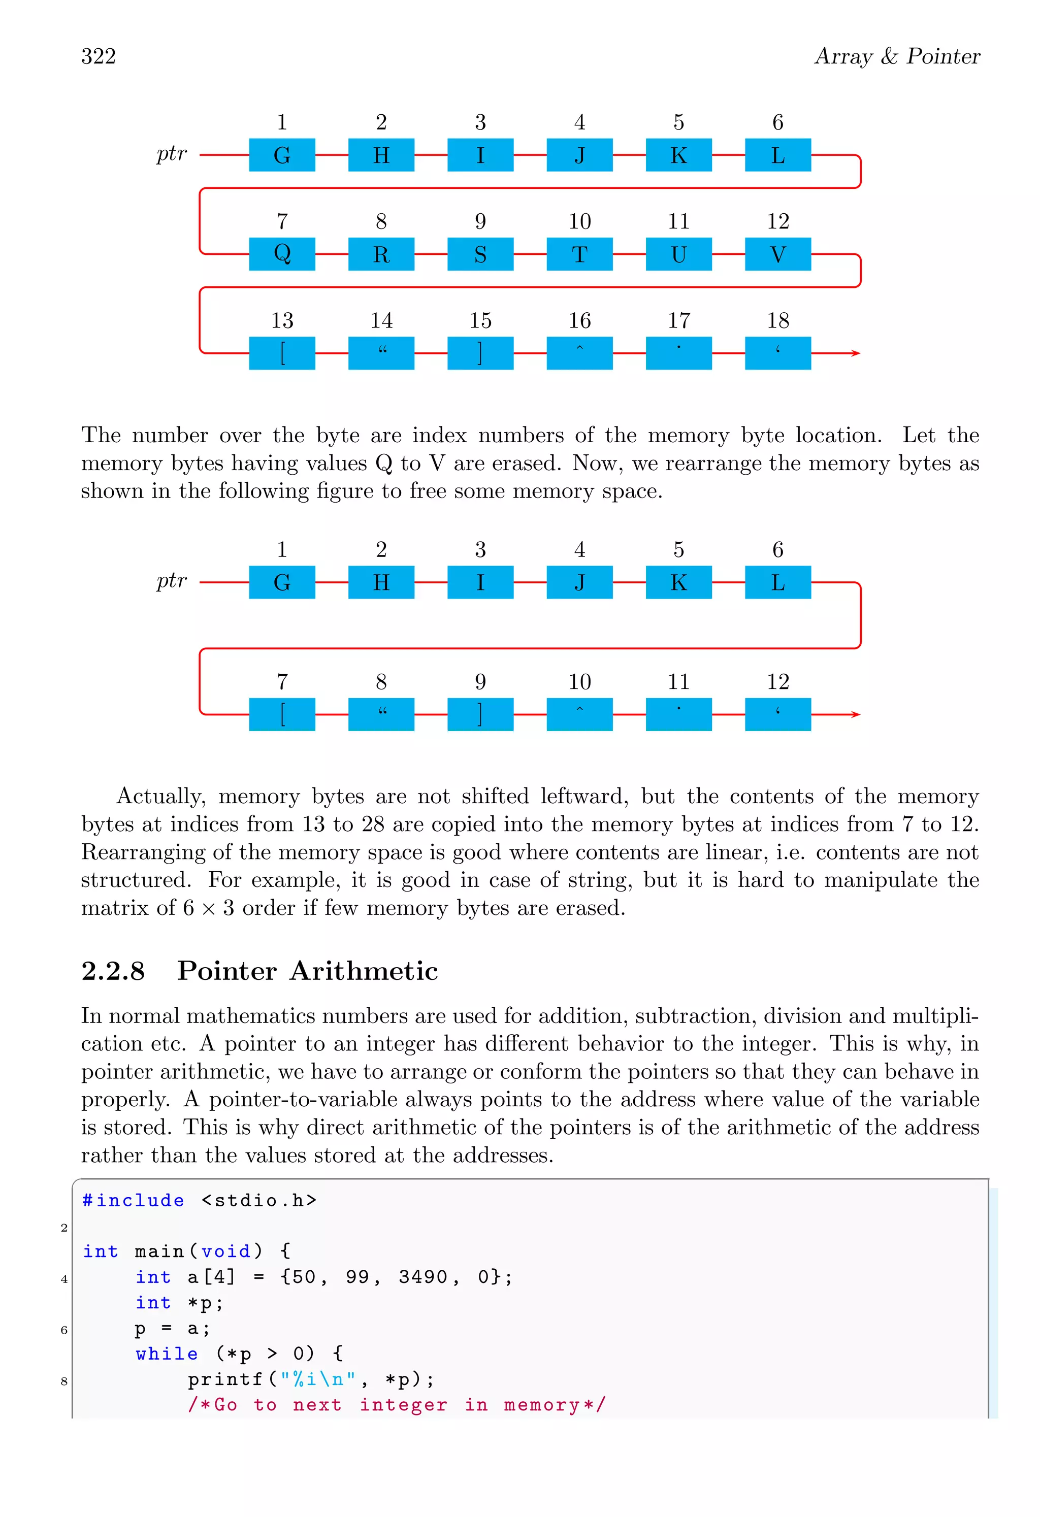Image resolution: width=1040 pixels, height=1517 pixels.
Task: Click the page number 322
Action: click(x=99, y=56)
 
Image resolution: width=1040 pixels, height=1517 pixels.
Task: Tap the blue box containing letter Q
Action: click(x=282, y=254)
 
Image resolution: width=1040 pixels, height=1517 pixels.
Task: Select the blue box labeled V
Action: click(x=777, y=254)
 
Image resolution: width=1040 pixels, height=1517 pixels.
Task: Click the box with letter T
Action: click(x=579, y=254)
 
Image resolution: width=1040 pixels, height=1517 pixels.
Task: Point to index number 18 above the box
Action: click(x=777, y=320)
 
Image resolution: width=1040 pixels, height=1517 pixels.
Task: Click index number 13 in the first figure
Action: click(x=282, y=320)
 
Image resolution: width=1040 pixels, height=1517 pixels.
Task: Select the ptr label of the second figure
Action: click(x=172, y=580)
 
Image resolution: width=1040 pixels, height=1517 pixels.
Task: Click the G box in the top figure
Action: click(x=282, y=155)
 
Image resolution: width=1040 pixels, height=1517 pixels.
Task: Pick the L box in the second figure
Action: click(x=777, y=582)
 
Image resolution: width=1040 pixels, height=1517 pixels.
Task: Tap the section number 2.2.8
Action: click(x=113, y=971)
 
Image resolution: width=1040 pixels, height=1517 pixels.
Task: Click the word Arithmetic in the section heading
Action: click(x=364, y=971)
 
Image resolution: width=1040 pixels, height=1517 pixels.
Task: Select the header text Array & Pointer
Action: click(x=897, y=56)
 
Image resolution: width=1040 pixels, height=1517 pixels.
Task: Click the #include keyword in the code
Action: click(x=133, y=1200)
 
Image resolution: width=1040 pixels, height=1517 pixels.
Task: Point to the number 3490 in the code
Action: click(x=422, y=1277)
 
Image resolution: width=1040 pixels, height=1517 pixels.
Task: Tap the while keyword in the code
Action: click(x=167, y=1354)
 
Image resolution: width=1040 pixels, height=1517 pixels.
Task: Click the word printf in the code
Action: click(x=224, y=1379)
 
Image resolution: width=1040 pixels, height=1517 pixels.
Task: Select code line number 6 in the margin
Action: click(x=64, y=1330)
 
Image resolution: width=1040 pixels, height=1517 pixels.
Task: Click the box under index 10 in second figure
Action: click(x=579, y=714)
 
